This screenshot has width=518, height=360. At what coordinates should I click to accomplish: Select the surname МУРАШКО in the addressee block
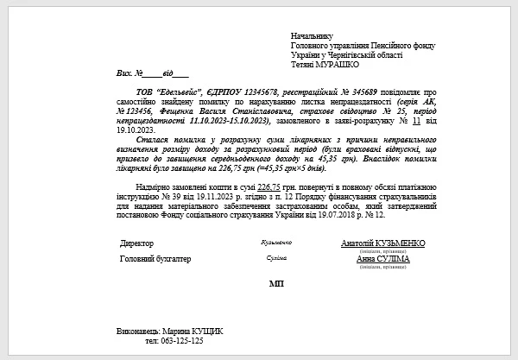pos(338,64)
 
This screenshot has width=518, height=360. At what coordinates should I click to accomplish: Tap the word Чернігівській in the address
pos(355,54)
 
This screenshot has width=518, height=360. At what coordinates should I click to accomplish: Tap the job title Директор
pos(136,243)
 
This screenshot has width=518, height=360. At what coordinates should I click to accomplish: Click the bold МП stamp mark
pos(276,283)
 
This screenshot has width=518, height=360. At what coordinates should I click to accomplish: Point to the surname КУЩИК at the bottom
pos(205,332)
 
